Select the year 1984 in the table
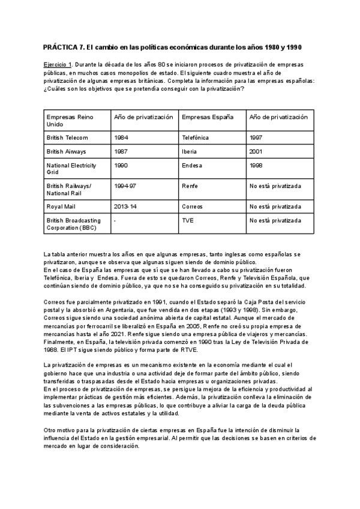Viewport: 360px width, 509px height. [x=121, y=137]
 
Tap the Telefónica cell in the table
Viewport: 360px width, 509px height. [x=195, y=137]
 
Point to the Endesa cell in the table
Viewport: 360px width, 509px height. [x=192, y=166]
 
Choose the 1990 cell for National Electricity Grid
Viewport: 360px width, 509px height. [x=121, y=166]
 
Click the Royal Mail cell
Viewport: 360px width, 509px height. [x=61, y=206]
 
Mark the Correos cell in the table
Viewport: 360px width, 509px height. [x=193, y=206]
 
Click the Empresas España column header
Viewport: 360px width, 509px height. [x=207, y=116]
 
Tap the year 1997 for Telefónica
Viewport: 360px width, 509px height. [x=256, y=137]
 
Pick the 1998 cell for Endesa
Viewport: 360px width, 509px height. [x=256, y=166]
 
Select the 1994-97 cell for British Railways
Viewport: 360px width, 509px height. [x=125, y=187]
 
